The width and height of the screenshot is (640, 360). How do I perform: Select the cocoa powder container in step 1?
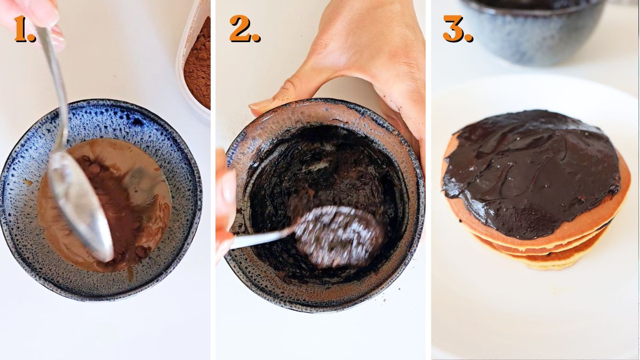click(x=195, y=59)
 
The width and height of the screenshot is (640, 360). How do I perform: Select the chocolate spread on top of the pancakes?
click(x=528, y=171)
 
